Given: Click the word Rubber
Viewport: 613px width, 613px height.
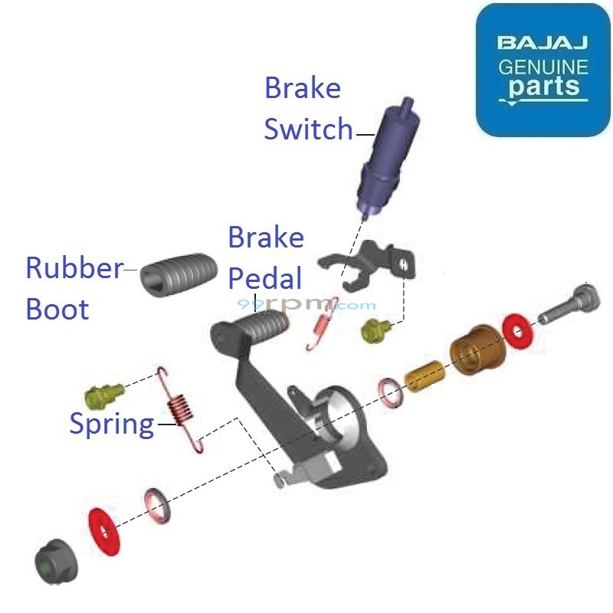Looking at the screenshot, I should [x=74, y=268].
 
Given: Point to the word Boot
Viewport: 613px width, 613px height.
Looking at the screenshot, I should [x=57, y=309].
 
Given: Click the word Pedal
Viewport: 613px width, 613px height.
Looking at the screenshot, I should [x=265, y=277].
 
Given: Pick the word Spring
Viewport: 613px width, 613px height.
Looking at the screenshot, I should [x=112, y=423].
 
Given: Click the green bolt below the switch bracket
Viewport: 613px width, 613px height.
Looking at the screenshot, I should [x=376, y=329].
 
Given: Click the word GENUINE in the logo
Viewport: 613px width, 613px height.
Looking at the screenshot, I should [x=543, y=67].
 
